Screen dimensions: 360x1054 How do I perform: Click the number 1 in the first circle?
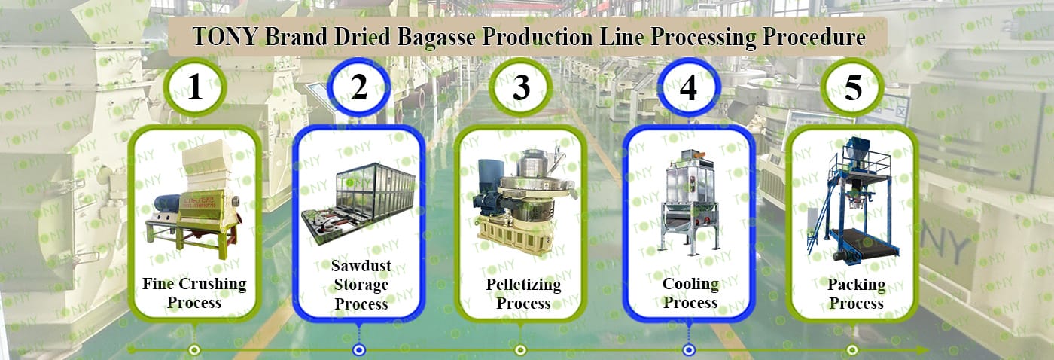tap(195, 88)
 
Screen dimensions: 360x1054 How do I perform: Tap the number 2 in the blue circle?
tap(359, 88)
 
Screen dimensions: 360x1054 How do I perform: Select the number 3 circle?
tap(521, 88)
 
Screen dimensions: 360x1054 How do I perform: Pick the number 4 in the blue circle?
tap(688, 88)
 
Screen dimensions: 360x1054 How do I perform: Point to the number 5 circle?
tap(853, 88)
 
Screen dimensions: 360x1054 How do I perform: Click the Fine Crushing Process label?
tap(194, 293)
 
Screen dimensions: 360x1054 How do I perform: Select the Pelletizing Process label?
tap(523, 294)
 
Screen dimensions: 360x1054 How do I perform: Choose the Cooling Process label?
tap(690, 293)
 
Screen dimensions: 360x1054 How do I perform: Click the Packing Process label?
tap(856, 294)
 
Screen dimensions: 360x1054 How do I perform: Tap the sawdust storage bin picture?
tap(358, 202)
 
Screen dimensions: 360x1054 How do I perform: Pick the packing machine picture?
tap(852, 197)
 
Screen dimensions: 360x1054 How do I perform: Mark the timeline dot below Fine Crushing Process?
tap(194, 350)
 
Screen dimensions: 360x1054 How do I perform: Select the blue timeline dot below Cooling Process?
tap(688, 350)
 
